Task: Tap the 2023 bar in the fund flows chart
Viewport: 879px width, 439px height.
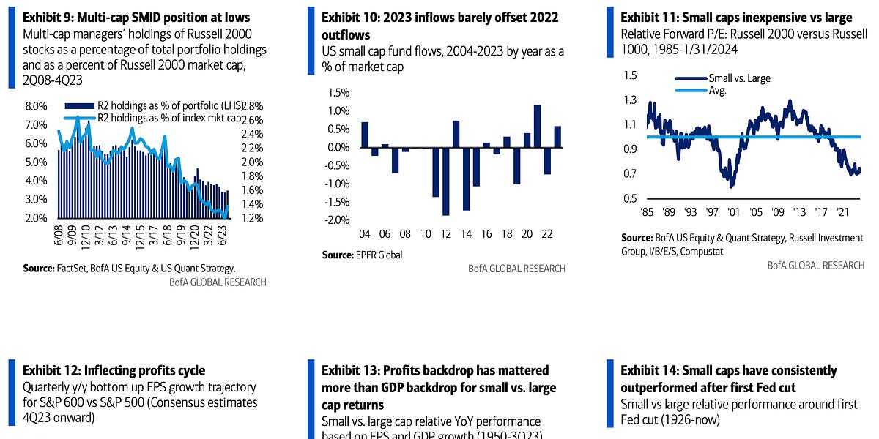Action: coord(557,137)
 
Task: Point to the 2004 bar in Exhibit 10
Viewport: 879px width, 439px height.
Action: coord(365,135)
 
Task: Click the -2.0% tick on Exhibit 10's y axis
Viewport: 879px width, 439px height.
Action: coord(337,220)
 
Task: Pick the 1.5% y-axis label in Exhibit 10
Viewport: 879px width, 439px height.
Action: coord(339,92)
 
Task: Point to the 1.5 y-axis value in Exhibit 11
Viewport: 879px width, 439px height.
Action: coord(629,76)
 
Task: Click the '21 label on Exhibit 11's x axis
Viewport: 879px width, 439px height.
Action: coord(842,211)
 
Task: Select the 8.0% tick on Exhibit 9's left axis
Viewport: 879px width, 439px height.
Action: coord(36,106)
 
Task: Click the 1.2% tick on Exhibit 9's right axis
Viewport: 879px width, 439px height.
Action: coord(252,219)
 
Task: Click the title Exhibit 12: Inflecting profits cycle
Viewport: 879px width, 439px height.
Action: coord(114,370)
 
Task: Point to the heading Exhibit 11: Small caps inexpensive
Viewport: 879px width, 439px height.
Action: coord(736,18)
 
